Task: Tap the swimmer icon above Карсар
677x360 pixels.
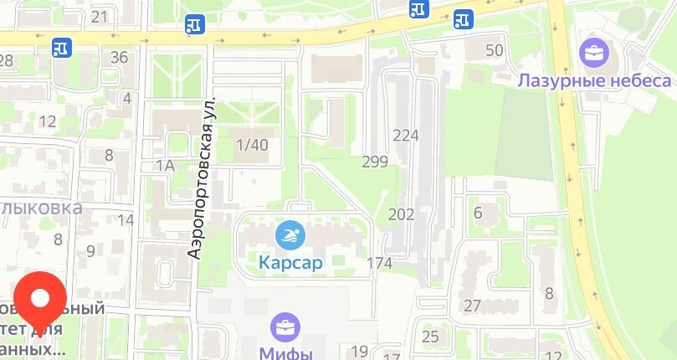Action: tap(290, 235)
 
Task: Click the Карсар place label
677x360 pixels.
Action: tap(290, 263)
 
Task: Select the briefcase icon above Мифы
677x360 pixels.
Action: tap(286, 327)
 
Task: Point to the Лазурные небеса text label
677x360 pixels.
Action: tap(594, 80)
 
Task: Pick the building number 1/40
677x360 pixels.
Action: tap(252, 145)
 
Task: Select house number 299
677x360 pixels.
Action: tap(375, 162)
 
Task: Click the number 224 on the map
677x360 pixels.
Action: tap(405, 136)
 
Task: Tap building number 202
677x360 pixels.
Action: tap(401, 214)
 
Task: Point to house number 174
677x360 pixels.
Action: tap(379, 264)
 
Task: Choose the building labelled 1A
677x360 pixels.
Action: tap(165, 166)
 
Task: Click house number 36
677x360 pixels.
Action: tap(119, 58)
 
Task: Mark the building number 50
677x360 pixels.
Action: tap(495, 50)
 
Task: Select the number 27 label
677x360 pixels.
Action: tap(473, 306)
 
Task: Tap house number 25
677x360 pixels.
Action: tap(430, 337)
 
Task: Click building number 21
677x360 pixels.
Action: tap(100, 17)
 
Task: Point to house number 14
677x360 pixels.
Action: tap(126, 220)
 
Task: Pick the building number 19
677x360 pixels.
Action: tap(360, 352)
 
